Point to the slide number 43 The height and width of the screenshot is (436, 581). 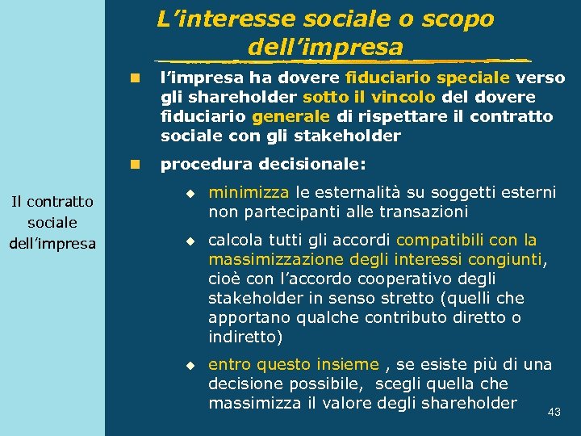click(x=554, y=413)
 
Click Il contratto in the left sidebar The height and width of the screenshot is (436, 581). click(x=52, y=201)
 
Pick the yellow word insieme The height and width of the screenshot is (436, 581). click(x=345, y=365)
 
